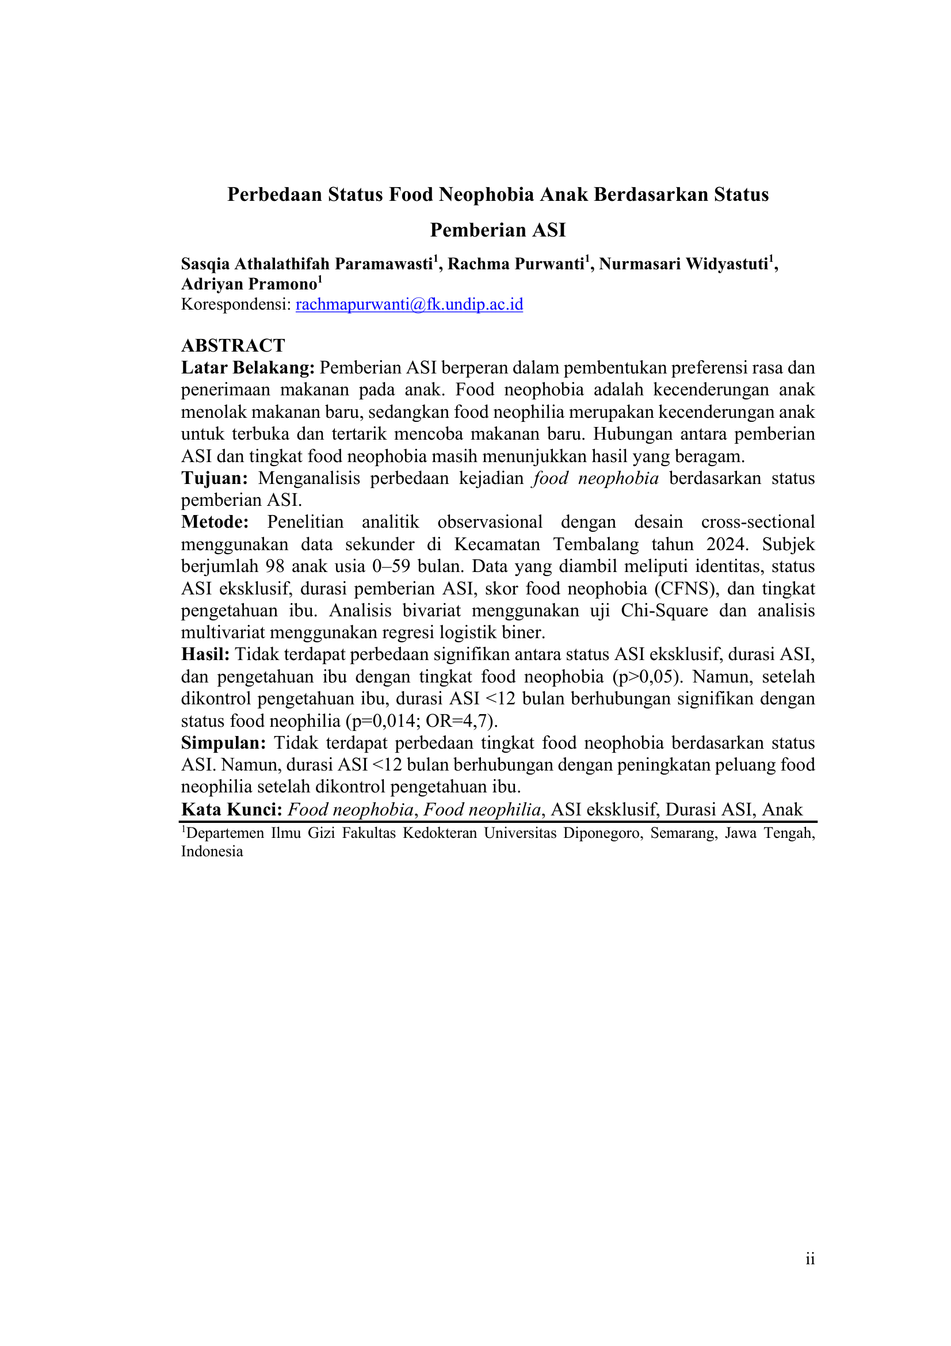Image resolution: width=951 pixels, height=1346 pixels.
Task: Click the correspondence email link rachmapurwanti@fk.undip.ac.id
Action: [409, 304]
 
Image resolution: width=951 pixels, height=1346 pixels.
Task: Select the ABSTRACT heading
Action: [232, 345]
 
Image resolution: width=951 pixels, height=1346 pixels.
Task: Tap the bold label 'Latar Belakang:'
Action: [248, 368]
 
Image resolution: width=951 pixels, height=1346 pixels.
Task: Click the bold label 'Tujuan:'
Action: [215, 478]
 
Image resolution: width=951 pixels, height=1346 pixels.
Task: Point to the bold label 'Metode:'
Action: [215, 522]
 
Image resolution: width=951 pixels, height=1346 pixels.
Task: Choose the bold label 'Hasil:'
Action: [205, 654]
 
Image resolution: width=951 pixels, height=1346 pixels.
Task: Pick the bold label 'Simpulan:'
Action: [223, 743]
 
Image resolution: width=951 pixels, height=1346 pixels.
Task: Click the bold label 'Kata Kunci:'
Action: [232, 810]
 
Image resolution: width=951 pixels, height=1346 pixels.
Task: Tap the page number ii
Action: [810, 1259]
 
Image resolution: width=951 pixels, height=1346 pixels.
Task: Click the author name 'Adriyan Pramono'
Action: [249, 284]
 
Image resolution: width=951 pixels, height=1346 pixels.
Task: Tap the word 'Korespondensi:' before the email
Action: [235, 304]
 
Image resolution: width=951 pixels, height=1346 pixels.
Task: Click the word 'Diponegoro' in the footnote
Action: [604, 833]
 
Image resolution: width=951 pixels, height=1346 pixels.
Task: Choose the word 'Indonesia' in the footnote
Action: [212, 851]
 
